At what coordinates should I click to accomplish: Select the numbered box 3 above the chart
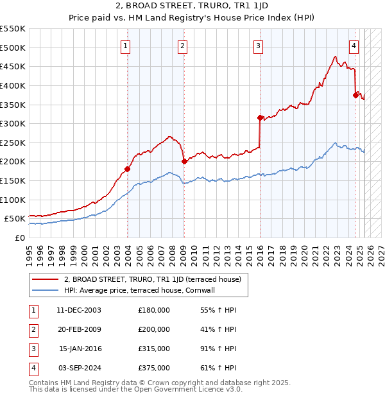coord(257,46)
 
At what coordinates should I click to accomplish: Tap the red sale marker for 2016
coord(260,117)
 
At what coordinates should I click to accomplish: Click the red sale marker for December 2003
coord(127,169)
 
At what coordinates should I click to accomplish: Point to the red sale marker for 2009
coord(184,161)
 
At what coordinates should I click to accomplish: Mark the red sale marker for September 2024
coord(355,95)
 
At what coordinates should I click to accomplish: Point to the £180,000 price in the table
coord(154,310)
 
